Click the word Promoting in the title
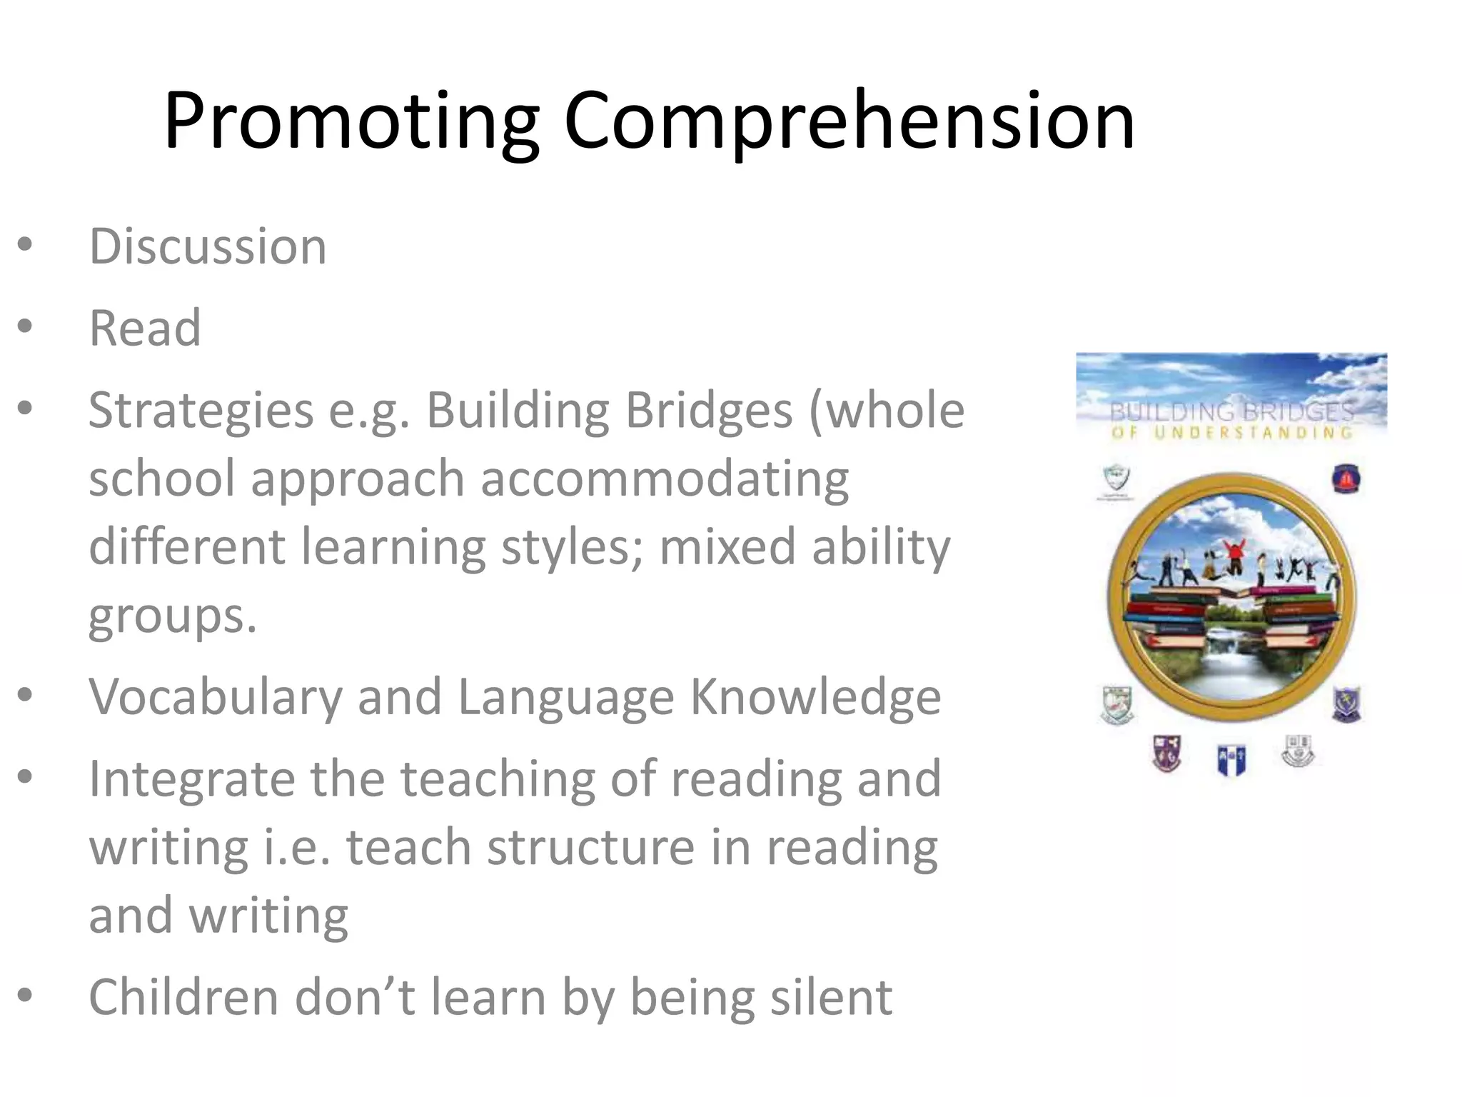[x=351, y=121]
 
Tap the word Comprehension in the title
[x=848, y=121]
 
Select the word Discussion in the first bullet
[x=207, y=246]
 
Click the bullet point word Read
[x=145, y=329]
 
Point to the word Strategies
[x=201, y=411]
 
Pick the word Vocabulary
[x=215, y=697]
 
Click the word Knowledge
[x=815, y=697]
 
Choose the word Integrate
[x=191, y=778]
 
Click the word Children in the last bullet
[x=183, y=997]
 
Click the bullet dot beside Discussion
[x=25, y=245]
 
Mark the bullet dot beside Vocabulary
[x=25, y=695]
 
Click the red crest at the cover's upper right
[x=1346, y=479]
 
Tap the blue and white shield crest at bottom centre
[x=1231, y=759]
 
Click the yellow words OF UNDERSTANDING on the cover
[x=1231, y=432]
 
